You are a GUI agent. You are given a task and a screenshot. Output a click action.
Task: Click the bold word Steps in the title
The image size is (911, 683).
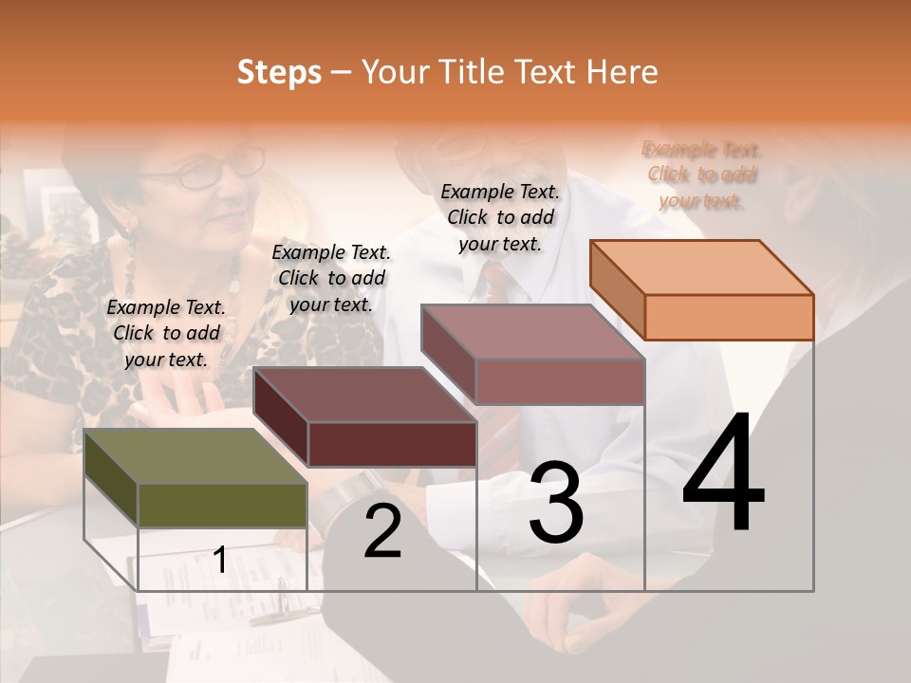tap(279, 72)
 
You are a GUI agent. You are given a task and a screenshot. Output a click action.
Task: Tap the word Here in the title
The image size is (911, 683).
tap(622, 72)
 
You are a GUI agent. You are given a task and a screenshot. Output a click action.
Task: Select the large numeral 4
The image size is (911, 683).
tap(723, 474)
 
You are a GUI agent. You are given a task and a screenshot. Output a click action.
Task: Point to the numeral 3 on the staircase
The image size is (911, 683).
tap(556, 503)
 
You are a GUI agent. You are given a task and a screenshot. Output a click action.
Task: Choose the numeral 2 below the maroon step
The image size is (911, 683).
tap(382, 531)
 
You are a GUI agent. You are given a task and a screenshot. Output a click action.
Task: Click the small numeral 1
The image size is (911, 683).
tap(220, 560)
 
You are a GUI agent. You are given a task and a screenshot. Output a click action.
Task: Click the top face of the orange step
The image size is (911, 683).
tap(702, 267)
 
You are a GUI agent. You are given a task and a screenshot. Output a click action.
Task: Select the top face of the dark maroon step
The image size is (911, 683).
tap(365, 395)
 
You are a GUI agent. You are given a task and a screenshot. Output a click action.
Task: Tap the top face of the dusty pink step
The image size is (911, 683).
tap(533, 332)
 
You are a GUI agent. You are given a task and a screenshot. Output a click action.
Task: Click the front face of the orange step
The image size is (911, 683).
tap(729, 317)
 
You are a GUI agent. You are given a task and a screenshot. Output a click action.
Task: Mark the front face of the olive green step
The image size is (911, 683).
tap(222, 505)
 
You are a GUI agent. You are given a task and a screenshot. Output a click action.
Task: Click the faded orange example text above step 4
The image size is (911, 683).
tap(702, 175)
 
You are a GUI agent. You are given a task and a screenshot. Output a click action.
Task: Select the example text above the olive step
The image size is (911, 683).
tap(166, 333)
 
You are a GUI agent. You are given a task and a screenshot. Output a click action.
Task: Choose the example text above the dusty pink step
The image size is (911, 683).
tap(500, 217)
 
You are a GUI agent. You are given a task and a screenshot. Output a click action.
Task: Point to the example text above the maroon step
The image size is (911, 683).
tap(331, 278)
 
